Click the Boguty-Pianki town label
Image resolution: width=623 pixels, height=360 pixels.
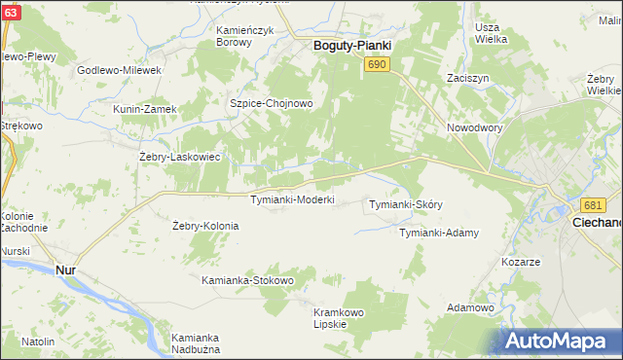click(x=351, y=45)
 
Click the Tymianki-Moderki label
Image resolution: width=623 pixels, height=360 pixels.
click(x=293, y=199)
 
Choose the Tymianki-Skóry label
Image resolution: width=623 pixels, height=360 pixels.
click(x=406, y=204)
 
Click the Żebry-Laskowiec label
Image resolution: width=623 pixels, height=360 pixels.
click(x=181, y=156)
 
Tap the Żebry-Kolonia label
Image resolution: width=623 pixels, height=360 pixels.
click(x=205, y=226)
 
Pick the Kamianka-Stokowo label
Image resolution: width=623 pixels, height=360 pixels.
click(x=247, y=280)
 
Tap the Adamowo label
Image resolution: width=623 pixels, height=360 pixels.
click(x=471, y=307)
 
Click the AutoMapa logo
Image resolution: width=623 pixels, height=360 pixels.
click(x=559, y=340)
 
